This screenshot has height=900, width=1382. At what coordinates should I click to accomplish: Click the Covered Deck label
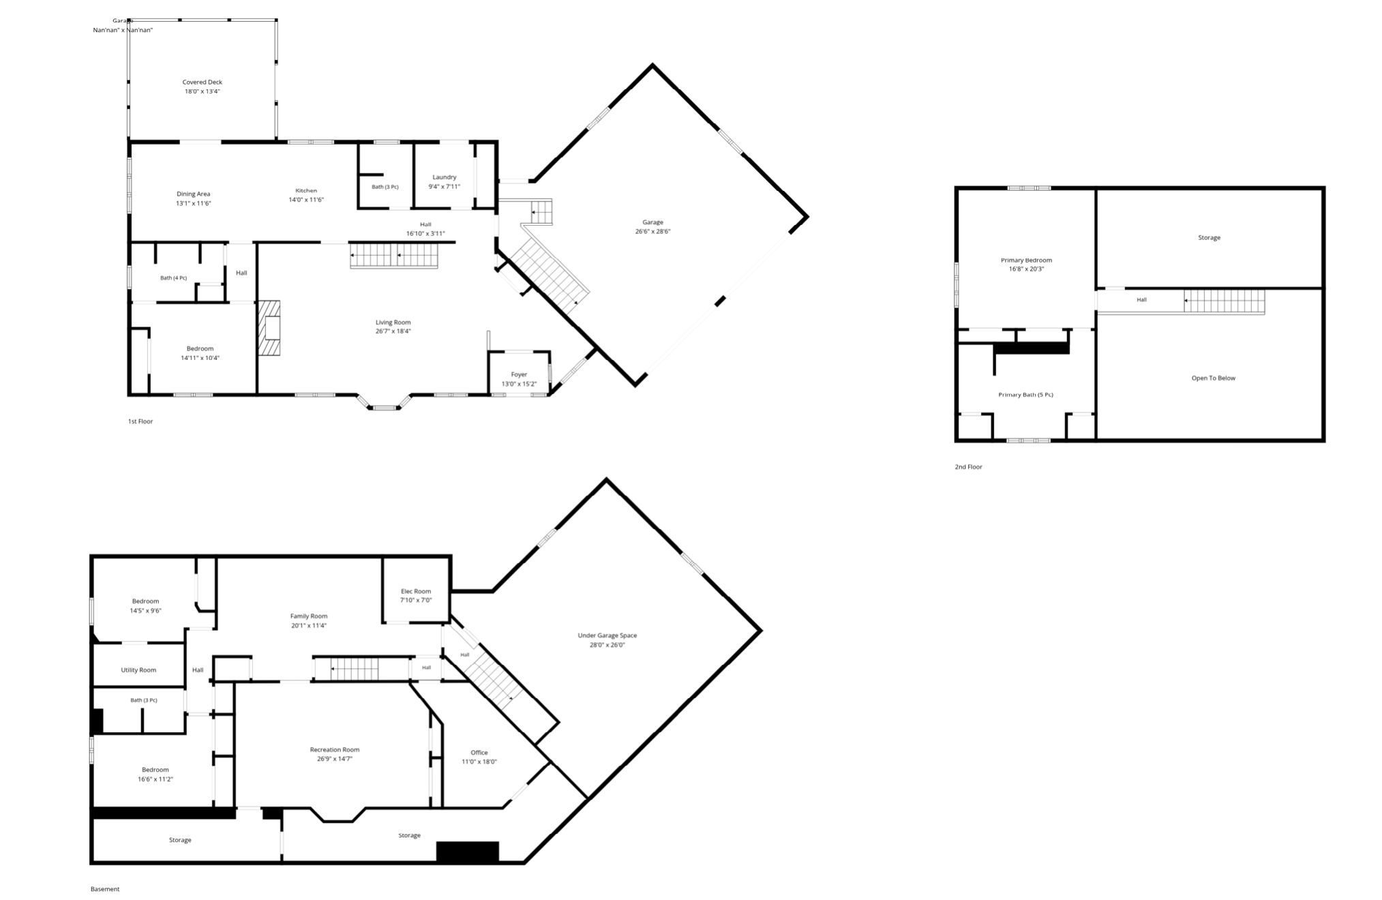click(202, 82)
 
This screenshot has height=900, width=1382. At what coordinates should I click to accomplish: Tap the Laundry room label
click(445, 177)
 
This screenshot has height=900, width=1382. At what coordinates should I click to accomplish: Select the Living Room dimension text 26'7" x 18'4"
click(393, 331)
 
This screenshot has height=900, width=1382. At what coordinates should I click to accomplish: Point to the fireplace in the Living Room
click(269, 328)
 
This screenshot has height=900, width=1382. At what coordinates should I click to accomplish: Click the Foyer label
click(520, 374)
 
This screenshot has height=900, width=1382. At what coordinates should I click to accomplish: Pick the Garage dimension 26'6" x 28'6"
click(652, 231)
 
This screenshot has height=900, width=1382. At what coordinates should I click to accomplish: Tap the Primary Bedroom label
click(1026, 260)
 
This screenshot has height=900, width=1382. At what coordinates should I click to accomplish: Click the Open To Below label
click(1213, 378)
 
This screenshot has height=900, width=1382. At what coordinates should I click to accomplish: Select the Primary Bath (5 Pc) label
click(1025, 395)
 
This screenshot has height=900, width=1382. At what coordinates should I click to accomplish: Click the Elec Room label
click(416, 591)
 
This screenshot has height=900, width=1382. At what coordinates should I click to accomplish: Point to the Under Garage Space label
click(607, 635)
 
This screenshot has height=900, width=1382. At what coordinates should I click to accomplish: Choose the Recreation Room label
click(335, 750)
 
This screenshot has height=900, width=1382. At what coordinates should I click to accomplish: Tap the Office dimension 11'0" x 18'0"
click(479, 762)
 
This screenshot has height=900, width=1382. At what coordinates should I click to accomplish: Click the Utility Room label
click(138, 670)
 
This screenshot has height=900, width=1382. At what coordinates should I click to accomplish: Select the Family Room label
click(309, 616)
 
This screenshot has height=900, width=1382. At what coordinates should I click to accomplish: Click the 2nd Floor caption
click(968, 467)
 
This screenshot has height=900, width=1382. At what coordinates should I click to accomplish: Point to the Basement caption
click(105, 889)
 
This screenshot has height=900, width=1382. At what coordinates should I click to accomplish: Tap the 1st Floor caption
click(140, 421)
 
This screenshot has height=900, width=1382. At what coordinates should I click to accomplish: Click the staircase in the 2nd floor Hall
click(1224, 301)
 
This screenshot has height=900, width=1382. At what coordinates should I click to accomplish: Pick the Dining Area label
click(193, 194)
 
